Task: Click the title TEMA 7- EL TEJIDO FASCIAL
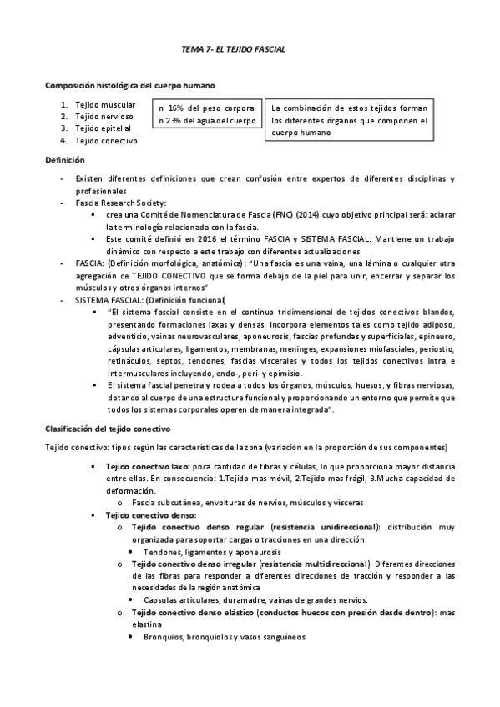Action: [233, 50]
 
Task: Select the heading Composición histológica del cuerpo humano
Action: [130, 86]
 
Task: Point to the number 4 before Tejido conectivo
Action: [63, 141]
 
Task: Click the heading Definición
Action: [64, 159]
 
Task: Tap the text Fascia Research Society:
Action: [120, 203]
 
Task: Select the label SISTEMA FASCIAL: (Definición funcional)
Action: [149, 299]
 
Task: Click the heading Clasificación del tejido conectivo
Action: [107, 428]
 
